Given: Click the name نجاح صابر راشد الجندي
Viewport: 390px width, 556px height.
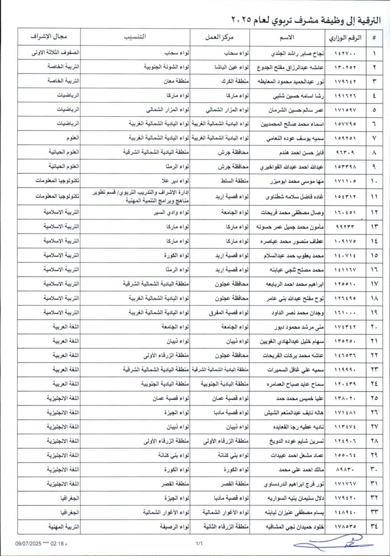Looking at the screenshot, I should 297,53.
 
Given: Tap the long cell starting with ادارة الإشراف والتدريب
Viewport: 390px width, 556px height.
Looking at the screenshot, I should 141,196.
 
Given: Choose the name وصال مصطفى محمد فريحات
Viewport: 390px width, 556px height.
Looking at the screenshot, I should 293,213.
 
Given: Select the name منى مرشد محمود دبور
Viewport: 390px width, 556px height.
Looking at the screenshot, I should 297,327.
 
